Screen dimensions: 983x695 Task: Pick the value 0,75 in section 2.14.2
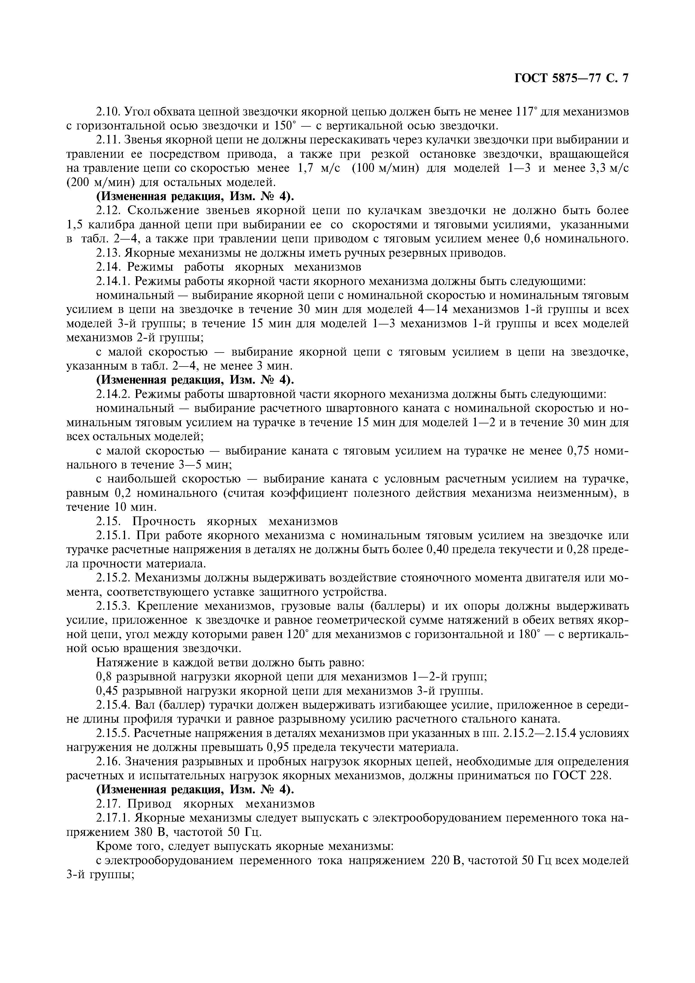pyautogui.click(x=580, y=451)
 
